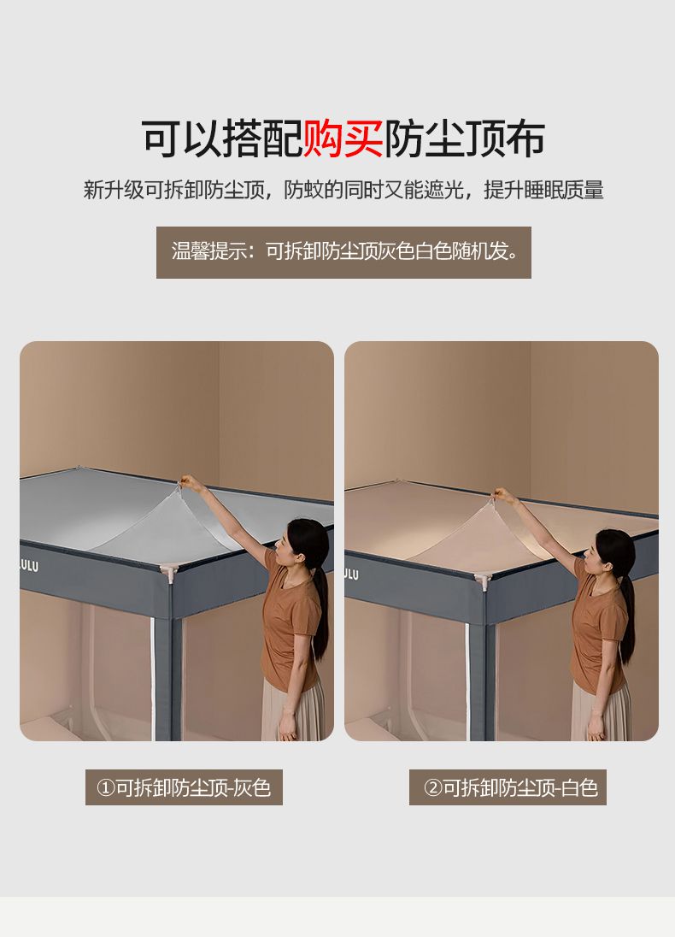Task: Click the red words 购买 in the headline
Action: pyautogui.click(x=343, y=138)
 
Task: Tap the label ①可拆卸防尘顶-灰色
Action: pyautogui.click(x=184, y=787)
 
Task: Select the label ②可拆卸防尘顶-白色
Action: pyautogui.click(x=508, y=787)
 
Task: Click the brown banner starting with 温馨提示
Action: pyautogui.click(x=343, y=252)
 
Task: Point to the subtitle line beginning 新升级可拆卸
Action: pyautogui.click(x=343, y=190)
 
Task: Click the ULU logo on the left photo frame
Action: pyautogui.click(x=29, y=565)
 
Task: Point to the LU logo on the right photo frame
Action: pyautogui.click(x=351, y=575)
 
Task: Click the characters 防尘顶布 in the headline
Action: pyautogui.click(x=464, y=138)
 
